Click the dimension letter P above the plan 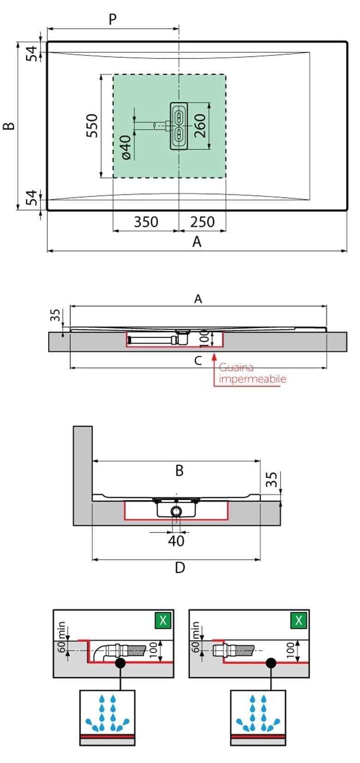(x=112, y=19)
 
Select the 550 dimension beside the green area (x=92, y=125)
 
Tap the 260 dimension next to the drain (x=200, y=126)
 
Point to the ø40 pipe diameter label (x=125, y=148)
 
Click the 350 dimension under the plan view (x=146, y=222)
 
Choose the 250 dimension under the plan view (x=202, y=222)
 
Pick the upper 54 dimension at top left (x=31, y=53)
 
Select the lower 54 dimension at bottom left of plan (x=31, y=198)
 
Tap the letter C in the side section (x=198, y=361)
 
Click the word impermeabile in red (x=252, y=379)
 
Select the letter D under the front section (x=180, y=567)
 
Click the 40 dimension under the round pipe (x=176, y=541)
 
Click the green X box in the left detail (x=163, y=620)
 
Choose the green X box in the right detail (x=299, y=620)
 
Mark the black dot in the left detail (x=120, y=663)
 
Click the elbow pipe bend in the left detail (x=98, y=652)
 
